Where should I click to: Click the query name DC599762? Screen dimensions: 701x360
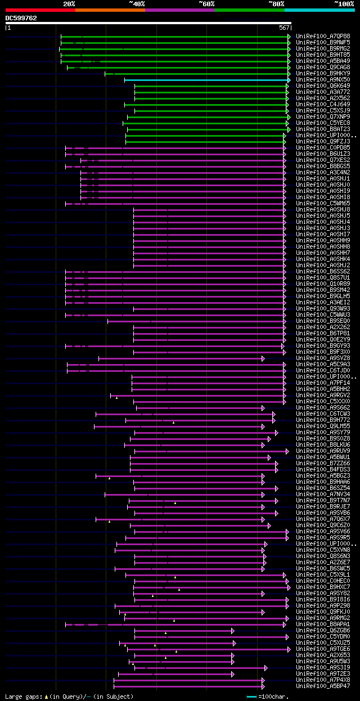click(x=21, y=18)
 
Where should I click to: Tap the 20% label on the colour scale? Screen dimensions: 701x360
click(x=69, y=4)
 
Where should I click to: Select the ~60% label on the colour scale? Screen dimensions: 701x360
click(x=206, y=4)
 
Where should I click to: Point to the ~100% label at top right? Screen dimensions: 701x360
click(x=344, y=4)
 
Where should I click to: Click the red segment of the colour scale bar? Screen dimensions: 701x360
click(x=40, y=10)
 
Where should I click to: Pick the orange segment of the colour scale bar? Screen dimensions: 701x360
click(x=110, y=10)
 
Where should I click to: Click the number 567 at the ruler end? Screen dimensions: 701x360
click(x=283, y=28)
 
